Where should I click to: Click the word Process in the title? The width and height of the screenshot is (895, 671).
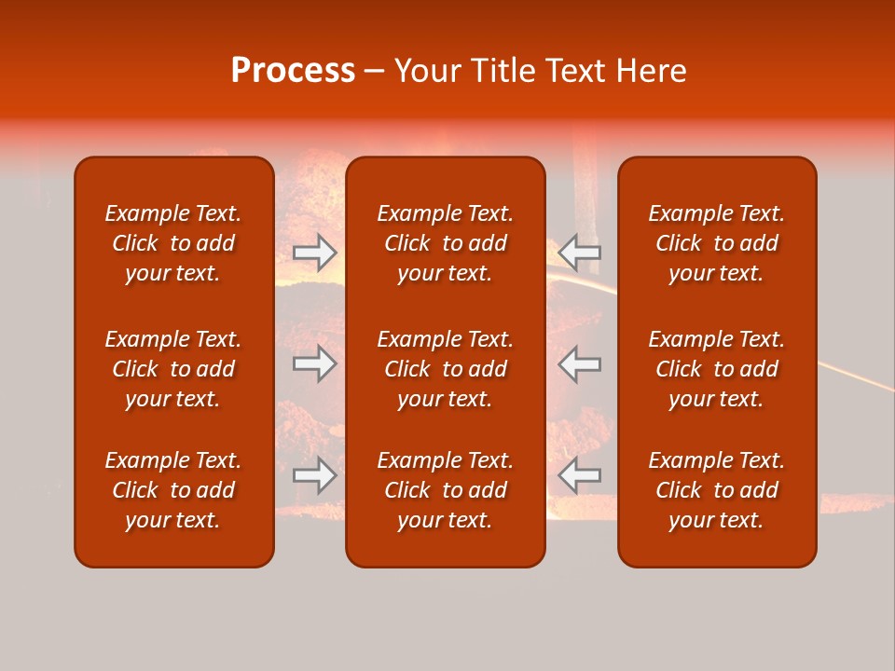pos(293,71)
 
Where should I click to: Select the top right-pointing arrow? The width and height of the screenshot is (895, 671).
pos(314,252)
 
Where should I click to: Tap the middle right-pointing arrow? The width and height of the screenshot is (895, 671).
pos(314,363)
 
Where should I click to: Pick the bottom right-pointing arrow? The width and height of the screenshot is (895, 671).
pos(314,475)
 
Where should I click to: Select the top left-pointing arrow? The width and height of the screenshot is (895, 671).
pos(580,252)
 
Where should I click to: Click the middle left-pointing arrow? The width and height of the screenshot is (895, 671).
pos(580,363)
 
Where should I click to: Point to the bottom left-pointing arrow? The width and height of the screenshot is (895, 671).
pos(580,475)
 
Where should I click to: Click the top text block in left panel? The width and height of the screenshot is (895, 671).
pos(173,243)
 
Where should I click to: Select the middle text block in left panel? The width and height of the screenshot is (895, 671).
pos(173,369)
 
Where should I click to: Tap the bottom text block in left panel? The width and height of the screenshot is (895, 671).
pos(173,490)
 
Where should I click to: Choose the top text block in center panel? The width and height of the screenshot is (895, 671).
pos(446,243)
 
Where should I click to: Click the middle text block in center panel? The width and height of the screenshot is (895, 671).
pos(446,369)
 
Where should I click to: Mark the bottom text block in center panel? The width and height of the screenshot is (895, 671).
pos(446,490)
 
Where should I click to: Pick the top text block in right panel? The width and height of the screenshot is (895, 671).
pos(717,243)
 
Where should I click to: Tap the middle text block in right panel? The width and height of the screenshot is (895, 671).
pos(717,369)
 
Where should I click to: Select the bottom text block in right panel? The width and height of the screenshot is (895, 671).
pos(717,490)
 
